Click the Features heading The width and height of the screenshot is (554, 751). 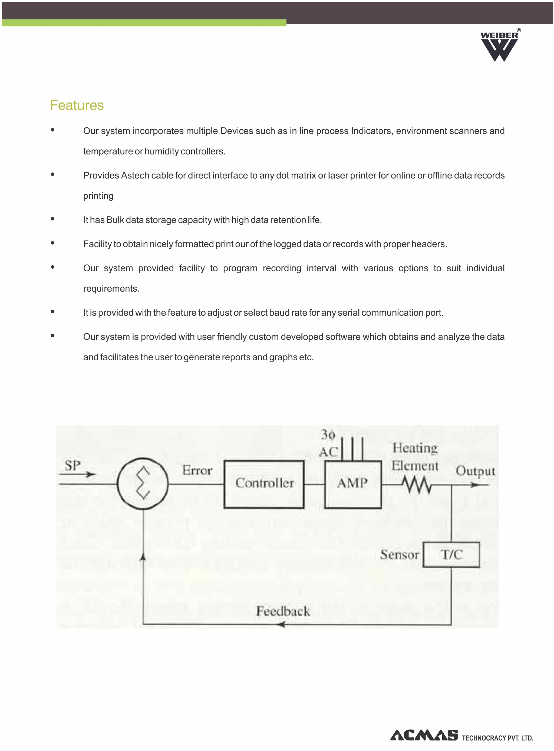77,105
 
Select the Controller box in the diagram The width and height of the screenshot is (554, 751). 264,484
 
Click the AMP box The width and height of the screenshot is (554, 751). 353,484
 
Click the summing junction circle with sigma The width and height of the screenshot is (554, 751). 143,483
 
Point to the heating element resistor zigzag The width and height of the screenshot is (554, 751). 417,485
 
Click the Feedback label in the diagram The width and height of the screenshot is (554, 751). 283,611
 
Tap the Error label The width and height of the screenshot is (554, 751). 197,470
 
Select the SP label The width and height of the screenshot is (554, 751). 72,465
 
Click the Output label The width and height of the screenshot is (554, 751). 475,471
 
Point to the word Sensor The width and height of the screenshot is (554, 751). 399,555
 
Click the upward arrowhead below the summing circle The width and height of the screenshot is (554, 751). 143,557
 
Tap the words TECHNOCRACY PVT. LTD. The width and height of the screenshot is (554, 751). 497,738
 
